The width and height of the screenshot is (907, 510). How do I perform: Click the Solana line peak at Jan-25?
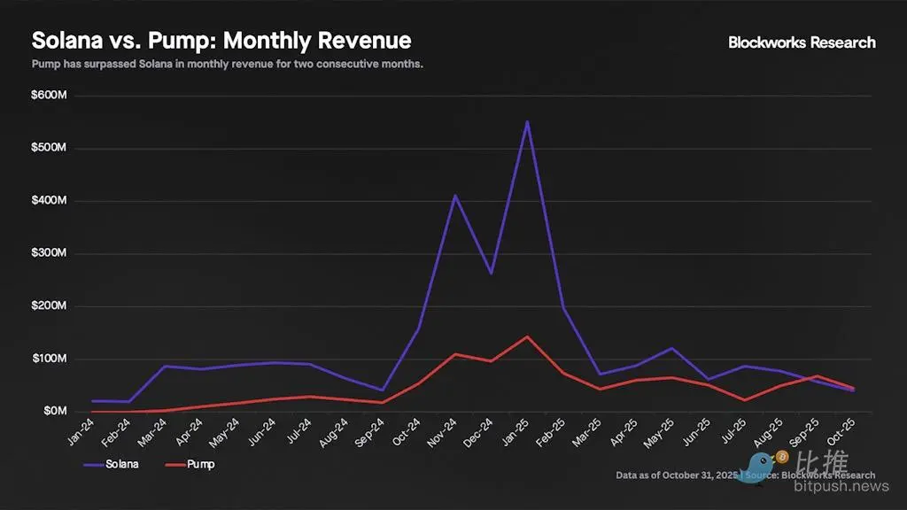pyautogui.click(x=528, y=121)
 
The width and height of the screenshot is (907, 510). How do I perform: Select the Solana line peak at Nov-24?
pyautogui.click(x=455, y=196)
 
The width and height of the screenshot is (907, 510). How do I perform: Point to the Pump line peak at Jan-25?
pyautogui.click(x=528, y=336)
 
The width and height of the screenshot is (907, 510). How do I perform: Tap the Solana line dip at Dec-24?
pyautogui.click(x=492, y=273)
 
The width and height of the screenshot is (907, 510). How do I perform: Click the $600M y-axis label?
pyautogui.click(x=49, y=96)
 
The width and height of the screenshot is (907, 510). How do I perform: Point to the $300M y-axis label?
pyautogui.click(x=49, y=254)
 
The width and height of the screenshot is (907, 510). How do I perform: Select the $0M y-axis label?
pyautogui.click(x=53, y=412)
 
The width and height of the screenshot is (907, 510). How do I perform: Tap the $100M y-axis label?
pyautogui.click(x=49, y=359)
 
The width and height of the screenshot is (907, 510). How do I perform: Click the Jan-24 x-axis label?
pyautogui.click(x=82, y=432)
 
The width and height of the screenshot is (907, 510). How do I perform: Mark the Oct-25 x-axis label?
pyautogui.click(x=845, y=432)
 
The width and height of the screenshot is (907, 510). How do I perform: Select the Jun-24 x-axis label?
pyautogui.click(x=264, y=432)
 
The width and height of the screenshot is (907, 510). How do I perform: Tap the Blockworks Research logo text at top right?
pyautogui.click(x=802, y=42)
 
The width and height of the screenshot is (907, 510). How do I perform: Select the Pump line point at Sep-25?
pyautogui.click(x=818, y=376)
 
